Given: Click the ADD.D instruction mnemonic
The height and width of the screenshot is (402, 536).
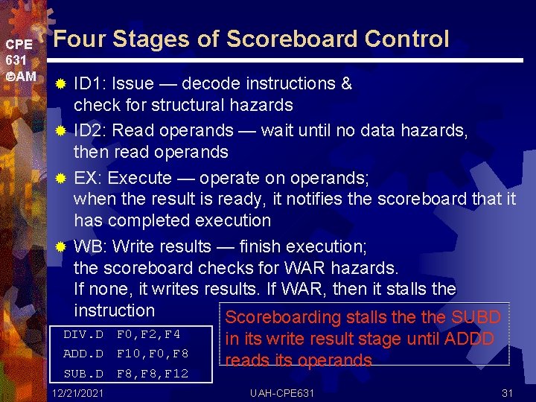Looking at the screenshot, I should pos(83,353).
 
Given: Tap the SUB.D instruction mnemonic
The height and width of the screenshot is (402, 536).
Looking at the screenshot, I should pos(83,373).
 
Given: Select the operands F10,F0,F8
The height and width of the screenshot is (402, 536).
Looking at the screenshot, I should pos(153,353).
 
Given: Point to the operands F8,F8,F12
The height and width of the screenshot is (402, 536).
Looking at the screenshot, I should pos(153,373).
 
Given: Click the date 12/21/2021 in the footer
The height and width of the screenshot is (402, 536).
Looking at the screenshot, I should pos(78,392).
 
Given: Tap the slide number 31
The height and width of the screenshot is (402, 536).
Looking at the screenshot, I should pos(508,392).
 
